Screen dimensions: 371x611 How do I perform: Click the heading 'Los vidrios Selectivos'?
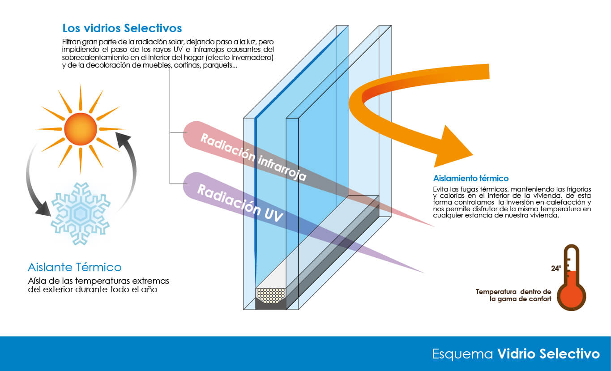tap(122, 28)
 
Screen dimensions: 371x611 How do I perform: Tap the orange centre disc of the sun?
tap(81, 129)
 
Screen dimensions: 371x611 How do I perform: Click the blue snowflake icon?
tap(81, 213)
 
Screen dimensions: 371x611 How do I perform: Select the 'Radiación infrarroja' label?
tap(253, 157)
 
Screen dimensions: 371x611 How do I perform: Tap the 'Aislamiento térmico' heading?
tap(470, 178)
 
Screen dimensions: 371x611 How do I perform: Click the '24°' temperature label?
tap(556, 269)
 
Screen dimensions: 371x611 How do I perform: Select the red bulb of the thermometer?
tap(571, 296)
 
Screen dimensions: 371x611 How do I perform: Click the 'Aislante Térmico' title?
tap(74, 268)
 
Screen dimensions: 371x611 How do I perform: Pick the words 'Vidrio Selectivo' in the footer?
tap(548, 354)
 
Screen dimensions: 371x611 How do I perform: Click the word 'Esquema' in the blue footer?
tap(462, 354)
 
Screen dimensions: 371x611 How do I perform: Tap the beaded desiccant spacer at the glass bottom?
tap(270, 294)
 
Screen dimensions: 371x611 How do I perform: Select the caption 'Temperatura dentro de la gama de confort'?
tap(513, 295)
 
